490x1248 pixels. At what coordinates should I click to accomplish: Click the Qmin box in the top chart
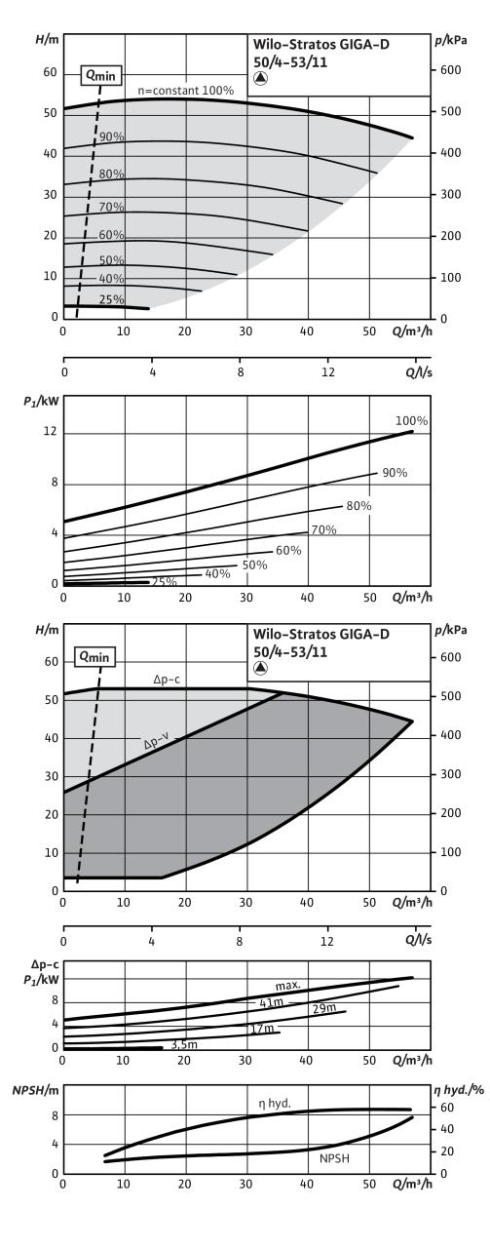coord(101,75)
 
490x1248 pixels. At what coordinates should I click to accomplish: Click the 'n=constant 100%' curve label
coord(186,91)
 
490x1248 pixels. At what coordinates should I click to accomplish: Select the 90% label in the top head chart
coord(111,136)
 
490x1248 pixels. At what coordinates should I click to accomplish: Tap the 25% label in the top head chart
coord(111,299)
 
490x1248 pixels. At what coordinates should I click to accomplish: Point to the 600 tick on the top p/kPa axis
coord(451,70)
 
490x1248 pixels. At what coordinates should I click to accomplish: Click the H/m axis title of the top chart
coord(47,40)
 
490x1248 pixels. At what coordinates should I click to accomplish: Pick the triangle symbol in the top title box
coord(261,79)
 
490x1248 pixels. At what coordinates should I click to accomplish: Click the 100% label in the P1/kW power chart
coord(411,420)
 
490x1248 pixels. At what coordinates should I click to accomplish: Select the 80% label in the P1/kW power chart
coord(358,506)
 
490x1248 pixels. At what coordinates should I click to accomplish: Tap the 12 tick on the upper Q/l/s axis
coord(328,371)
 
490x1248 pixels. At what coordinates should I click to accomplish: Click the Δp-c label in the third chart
coord(167,680)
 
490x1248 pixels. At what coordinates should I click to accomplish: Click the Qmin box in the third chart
coord(94,656)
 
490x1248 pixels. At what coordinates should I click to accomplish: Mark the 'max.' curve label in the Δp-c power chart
coord(288,986)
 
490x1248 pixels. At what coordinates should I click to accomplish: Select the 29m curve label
coord(323,1008)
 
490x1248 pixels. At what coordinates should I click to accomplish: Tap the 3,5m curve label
coord(184,1044)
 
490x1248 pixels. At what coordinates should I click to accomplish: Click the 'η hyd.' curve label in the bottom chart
coord(275,1103)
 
